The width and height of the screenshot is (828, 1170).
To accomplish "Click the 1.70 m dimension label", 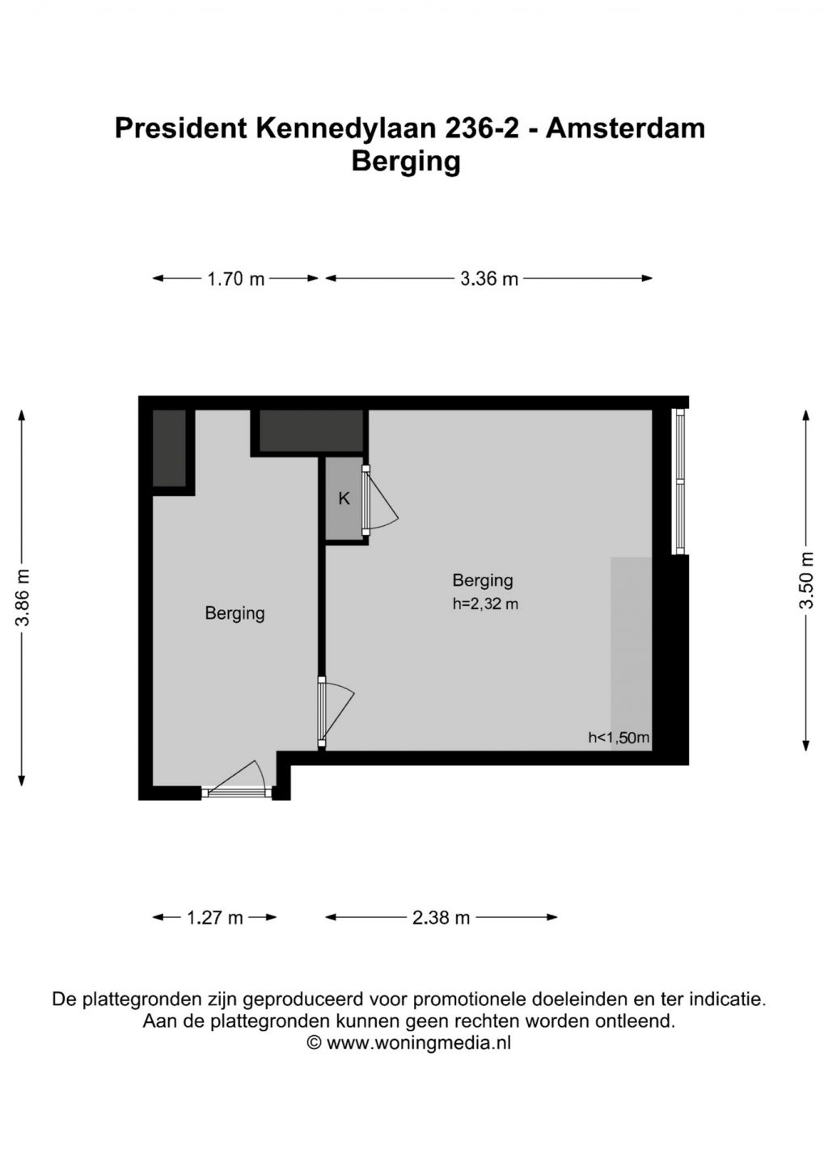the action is [236, 279].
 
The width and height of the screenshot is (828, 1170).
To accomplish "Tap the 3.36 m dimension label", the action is [488, 279].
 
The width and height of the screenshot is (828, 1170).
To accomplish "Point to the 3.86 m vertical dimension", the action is [22, 598].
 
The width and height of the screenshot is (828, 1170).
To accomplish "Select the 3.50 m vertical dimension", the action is [806, 580].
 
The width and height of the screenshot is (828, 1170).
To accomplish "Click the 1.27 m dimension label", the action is [215, 918].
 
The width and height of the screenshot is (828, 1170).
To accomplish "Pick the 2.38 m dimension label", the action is [441, 918].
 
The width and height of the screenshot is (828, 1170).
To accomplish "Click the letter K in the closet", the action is [344, 499].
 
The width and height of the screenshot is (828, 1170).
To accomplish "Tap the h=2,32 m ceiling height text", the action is [485, 604].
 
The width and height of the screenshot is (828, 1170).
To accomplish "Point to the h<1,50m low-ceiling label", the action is [619, 738].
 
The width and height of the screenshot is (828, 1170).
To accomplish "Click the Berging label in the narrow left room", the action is [234, 613].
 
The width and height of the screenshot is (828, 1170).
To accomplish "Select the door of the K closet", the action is [379, 500].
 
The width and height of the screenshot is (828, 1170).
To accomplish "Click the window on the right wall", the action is [679, 481].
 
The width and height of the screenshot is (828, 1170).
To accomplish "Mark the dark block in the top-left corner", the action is [169, 448].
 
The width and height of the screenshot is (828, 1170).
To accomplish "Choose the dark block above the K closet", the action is [311, 431].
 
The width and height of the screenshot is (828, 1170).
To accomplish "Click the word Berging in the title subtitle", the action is [406, 162].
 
